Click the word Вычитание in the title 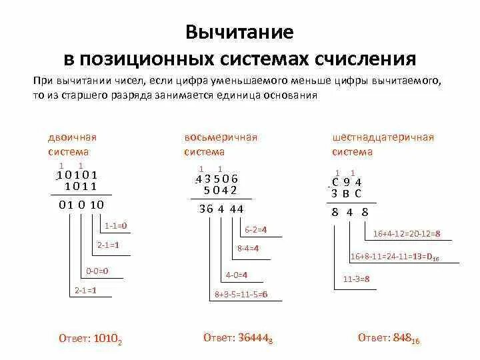pos(239,32)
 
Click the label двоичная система pos(72,144)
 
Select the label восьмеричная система pos(220,144)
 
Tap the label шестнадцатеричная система pos(383,144)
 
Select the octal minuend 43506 pos(217,179)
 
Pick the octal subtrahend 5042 pos(221,189)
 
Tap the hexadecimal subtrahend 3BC pos(347,193)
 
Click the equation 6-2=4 pos(256,229)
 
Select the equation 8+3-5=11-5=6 pos(241,294)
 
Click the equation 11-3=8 pos(357,279)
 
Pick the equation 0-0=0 pos(97,271)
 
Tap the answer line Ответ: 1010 pos(91,338)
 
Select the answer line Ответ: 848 pos(387,338)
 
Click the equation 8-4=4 pos(248,248)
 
